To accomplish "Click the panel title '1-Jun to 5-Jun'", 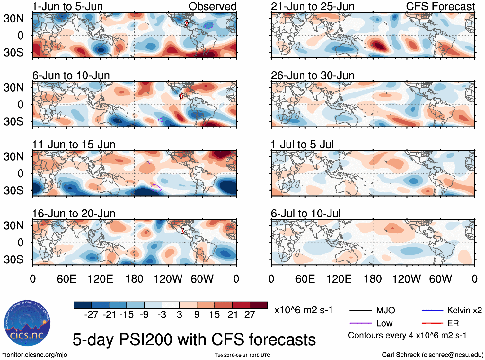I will point(67,6).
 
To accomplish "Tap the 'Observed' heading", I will point(212,6).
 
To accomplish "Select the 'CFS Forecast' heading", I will point(440,6).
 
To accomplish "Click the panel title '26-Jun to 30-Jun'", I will point(313,75).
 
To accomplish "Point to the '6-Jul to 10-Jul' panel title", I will point(306,214).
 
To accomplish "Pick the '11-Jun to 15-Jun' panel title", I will point(74,145).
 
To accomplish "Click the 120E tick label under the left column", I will point(100,279).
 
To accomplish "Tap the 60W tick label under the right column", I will point(440,279).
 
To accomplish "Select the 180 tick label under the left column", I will point(134,279).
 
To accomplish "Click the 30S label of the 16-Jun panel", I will point(13,259).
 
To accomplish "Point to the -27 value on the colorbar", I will point(91,314).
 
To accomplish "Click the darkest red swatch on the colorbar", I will point(259,305).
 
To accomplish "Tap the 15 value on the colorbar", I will point(214,314).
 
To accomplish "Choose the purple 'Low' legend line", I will point(360,323).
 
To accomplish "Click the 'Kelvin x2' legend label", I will point(464,310).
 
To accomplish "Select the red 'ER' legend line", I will point(432,323).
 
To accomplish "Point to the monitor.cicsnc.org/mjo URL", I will point(34,355).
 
